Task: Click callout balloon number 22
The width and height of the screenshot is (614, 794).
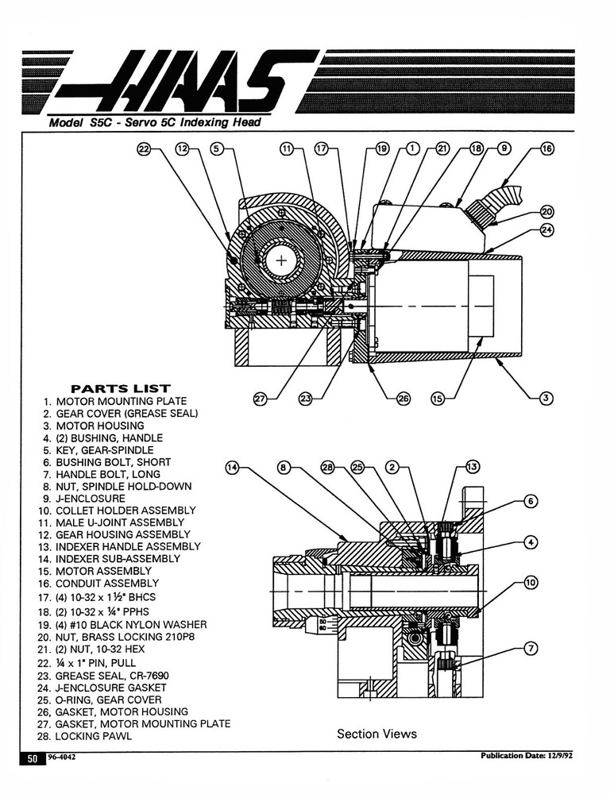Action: (x=144, y=148)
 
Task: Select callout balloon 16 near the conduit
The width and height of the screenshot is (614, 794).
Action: (x=546, y=148)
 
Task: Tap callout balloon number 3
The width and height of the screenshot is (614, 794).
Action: (x=546, y=398)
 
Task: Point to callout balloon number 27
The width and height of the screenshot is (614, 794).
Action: (x=259, y=399)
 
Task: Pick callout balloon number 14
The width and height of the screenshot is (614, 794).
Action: (x=232, y=468)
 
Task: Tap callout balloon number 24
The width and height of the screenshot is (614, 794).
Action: (x=546, y=230)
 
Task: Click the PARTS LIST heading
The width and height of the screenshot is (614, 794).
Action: (x=121, y=388)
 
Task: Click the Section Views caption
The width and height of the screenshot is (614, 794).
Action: (x=377, y=734)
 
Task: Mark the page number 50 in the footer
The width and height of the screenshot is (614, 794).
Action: (x=33, y=759)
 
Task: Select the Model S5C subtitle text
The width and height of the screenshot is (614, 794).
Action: (x=153, y=123)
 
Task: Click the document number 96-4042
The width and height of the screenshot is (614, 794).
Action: (x=62, y=757)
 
